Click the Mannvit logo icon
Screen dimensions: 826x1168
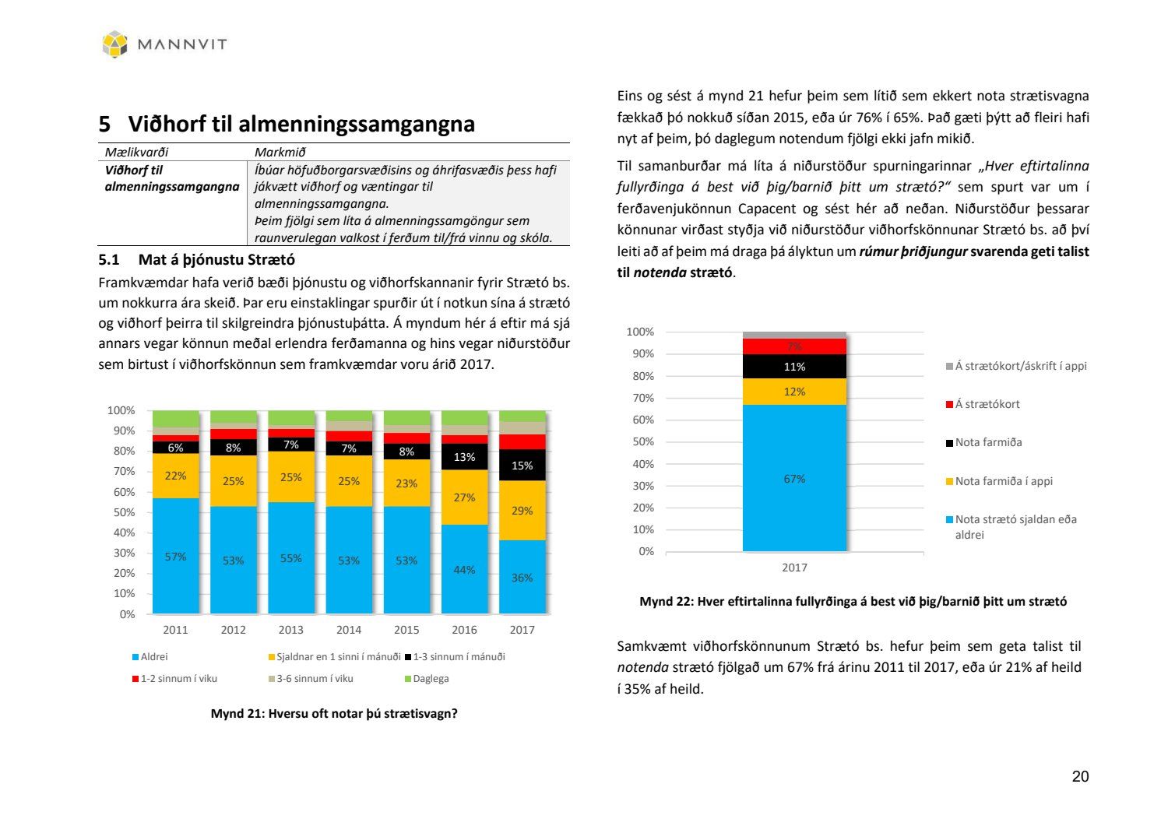(x=114, y=44)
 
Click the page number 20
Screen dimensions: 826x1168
(x=1080, y=776)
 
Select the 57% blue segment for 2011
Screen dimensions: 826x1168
(x=176, y=556)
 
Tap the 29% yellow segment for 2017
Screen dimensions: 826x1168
(x=522, y=511)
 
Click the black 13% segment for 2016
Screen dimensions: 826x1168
(x=464, y=457)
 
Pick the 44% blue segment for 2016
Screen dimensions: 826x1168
(x=464, y=569)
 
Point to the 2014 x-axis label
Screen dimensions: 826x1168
(x=349, y=630)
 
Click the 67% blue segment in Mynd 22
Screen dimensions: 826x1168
(x=794, y=479)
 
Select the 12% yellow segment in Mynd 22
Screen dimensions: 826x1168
(x=794, y=392)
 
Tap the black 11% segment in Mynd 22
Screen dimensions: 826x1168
(x=794, y=367)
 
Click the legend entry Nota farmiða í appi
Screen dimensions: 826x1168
(x=1004, y=481)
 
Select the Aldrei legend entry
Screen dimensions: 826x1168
(x=153, y=657)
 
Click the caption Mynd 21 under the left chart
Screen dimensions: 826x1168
(x=334, y=714)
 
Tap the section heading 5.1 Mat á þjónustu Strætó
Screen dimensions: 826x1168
(x=196, y=259)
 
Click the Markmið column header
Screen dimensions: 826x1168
(x=280, y=153)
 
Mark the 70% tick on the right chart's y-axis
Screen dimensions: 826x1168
(x=641, y=398)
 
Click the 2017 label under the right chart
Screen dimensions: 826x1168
(x=794, y=568)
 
